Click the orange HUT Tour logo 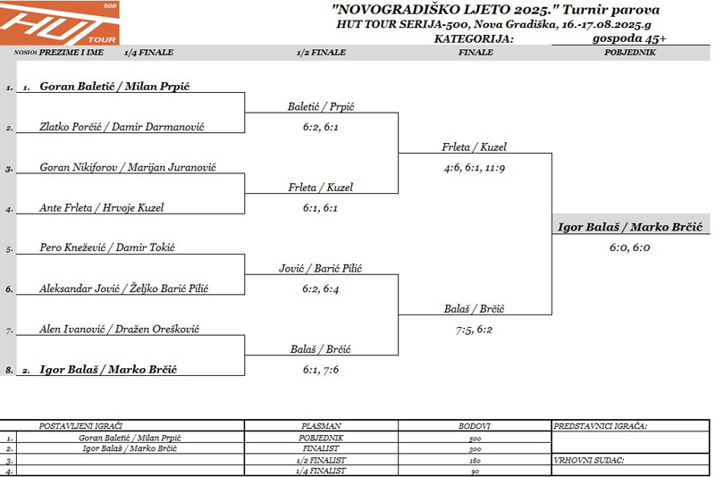click(59, 23)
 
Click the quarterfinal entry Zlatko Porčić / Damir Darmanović click(122, 127)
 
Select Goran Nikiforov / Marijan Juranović click(128, 167)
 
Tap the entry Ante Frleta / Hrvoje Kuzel click(101, 208)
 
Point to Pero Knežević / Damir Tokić click(107, 247)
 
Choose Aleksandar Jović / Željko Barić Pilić click(123, 289)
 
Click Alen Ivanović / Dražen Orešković click(119, 329)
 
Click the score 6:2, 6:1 click(321, 127)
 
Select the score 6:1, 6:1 click(320, 208)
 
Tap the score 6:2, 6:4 click(321, 289)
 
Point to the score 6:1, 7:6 click(321, 370)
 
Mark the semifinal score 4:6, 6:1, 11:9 click(475, 168)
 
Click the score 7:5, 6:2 click(474, 330)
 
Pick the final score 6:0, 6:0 click(630, 247)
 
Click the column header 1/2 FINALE click(321, 53)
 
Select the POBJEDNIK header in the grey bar click(630, 53)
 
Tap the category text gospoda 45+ click(629, 38)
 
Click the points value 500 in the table click(475, 439)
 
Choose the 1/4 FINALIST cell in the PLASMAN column click(321, 471)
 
